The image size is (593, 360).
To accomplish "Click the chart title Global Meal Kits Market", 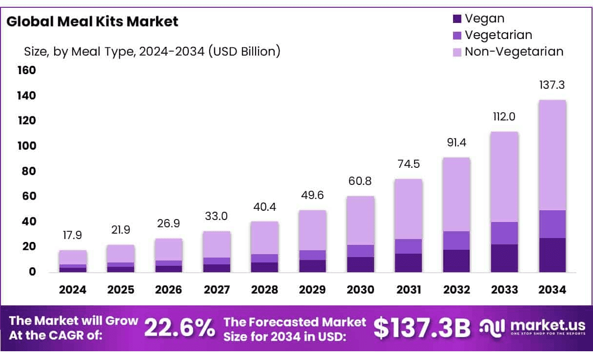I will [92, 21].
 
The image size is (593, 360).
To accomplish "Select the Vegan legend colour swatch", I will [457, 20].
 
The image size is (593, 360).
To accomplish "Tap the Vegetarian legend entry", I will [498, 35].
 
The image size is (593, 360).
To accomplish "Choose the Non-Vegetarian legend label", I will [514, 51].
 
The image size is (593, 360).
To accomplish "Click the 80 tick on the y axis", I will [29, 171].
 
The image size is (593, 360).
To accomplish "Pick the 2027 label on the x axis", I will [217, 290].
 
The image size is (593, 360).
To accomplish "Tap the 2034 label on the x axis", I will [553, 290].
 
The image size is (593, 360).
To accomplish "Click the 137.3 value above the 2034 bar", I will [553, 85].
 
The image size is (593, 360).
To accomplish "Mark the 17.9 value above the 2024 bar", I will [73, 236].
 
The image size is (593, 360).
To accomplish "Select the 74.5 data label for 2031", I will [409, 164].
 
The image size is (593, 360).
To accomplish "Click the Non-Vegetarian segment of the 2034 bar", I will [553, 155].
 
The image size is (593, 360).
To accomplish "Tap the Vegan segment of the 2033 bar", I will [505, 258].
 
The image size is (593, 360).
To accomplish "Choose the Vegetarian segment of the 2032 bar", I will [456, 240].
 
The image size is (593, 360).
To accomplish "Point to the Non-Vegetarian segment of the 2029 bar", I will [313, 230].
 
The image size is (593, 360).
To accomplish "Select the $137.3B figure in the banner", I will [422, 328].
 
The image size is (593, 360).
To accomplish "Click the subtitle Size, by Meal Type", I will [152, 51].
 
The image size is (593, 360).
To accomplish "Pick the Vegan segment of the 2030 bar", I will [360, 264].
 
